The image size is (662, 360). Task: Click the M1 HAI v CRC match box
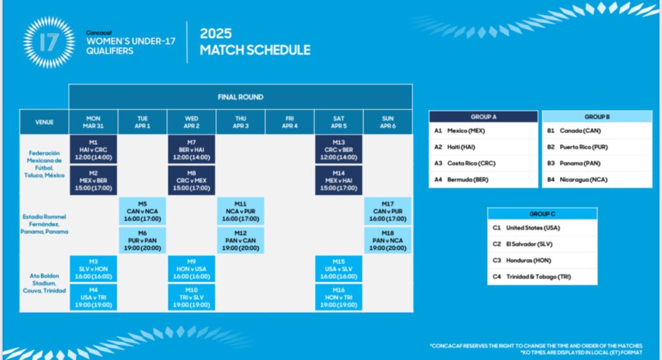[x=93, y=149]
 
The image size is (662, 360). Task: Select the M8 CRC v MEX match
[x=191, y=180]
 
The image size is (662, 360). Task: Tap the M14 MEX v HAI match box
[x=339, y=180]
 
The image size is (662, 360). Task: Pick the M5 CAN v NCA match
[x=142, y=211]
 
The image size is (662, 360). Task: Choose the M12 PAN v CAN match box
[x=240, y=240]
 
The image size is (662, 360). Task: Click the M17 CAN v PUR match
[x=388, y=211]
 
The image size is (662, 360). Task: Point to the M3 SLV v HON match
[x=93, y=269]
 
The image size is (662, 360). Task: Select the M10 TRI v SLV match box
[x=191, y=297]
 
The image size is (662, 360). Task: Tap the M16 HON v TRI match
[x=339, y=297]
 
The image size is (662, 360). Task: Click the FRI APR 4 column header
[x=290, y=122]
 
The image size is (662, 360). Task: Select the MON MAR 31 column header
[x=93, y=122]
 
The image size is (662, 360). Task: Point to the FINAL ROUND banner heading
[x=240, y=97]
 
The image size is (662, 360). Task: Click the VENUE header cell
[x=45, y=122]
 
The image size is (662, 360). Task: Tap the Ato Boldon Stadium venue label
[x=45, y=283]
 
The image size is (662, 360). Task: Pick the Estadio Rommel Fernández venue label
[x=45, y=224]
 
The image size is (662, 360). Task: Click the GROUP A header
[x=484, y=116]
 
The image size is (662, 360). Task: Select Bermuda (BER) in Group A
[x=468, y=180]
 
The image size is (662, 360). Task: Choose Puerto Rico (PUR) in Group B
[x=584, y=147]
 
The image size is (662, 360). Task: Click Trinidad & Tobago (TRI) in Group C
[x=539, y=277]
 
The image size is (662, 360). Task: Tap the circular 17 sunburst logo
[x=49, y=42]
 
